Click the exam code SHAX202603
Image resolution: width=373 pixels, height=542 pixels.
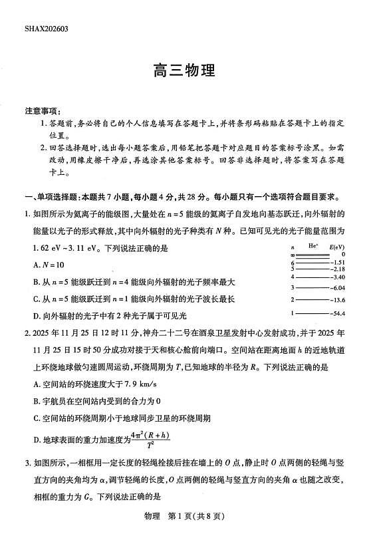click(47, 29)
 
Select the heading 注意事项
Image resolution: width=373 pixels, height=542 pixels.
click(43, 110)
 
